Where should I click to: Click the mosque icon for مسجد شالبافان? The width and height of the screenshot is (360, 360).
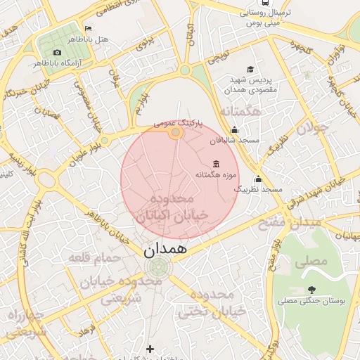tap(234, 130)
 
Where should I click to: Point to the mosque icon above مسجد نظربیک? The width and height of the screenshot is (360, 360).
tap(258, 179)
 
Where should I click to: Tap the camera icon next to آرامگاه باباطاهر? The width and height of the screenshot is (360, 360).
tap(57, 52)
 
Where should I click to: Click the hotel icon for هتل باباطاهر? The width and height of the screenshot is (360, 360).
tap(87, 29)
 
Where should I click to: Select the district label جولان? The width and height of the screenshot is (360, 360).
tap(307, 128)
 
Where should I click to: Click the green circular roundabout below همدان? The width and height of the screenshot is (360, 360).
tap(160, 266)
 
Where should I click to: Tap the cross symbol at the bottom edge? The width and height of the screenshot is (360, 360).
tap(149, 348)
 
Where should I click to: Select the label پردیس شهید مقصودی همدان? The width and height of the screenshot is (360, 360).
tap(251, 85)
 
